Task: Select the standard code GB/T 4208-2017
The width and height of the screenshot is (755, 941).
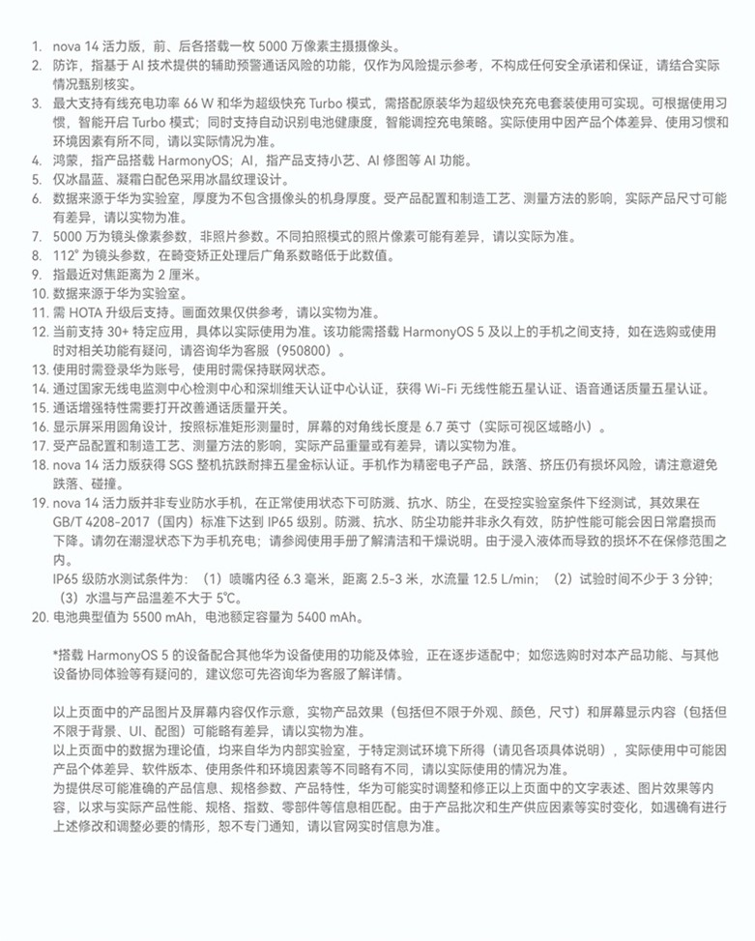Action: point(103,521)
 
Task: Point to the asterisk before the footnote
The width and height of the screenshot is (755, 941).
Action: point(56,655)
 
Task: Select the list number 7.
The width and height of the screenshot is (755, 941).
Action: point(35,236)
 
